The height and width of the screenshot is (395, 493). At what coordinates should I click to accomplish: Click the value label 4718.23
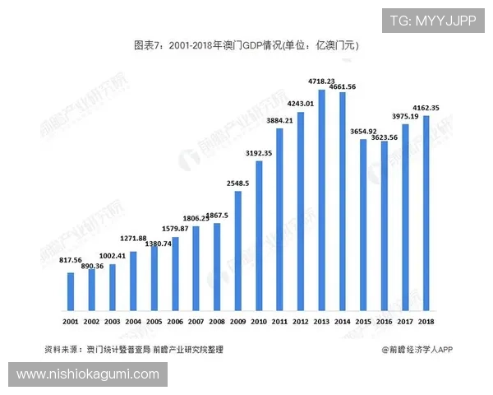pos(321,81)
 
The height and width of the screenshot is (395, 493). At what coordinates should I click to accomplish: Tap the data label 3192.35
pos(259,153)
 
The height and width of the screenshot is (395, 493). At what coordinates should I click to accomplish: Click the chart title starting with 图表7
pos(246,47)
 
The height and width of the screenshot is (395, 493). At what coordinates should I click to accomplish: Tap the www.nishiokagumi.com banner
pos(88,374)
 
